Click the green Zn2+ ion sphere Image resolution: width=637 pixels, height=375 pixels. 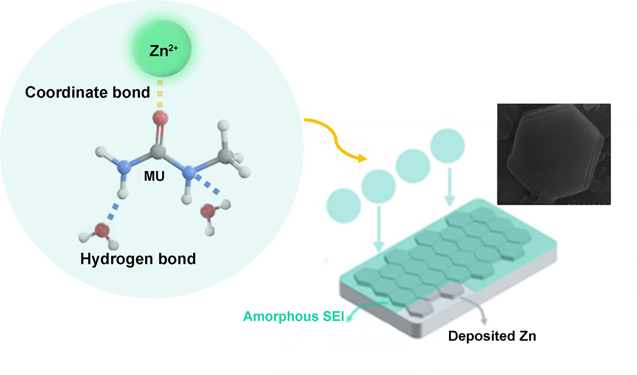[162, 49]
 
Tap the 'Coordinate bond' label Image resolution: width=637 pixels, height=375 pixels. [87, 93]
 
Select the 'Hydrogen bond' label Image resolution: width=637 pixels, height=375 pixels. [138, 259]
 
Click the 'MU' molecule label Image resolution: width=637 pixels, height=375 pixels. [154, 176]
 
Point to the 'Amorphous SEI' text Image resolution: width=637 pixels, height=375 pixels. [294, 316]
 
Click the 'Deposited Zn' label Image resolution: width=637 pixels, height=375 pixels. [492, 336]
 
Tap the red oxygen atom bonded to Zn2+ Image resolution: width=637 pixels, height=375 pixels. [160, 118]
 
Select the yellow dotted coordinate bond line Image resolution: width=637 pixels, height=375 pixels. [160, 94]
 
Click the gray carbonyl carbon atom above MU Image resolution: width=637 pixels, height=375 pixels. [158, 152]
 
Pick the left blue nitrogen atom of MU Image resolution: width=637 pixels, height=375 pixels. [123, 166]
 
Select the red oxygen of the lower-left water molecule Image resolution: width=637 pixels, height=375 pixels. [101, 231]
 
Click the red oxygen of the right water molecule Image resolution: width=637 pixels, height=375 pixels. [209, 211]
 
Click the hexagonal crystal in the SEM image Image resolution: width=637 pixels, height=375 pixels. [554, 154]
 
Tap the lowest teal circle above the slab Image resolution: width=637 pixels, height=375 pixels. [343, 206]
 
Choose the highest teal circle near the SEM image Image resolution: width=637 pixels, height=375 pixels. [447, 146]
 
